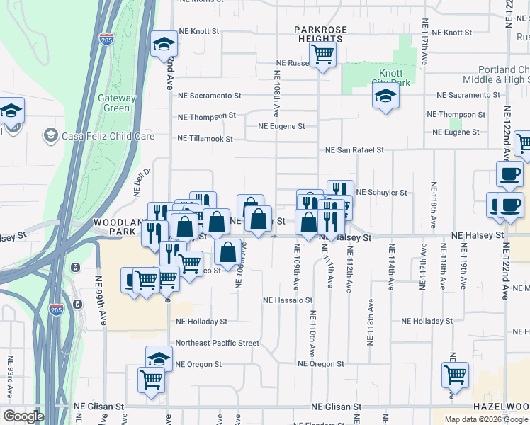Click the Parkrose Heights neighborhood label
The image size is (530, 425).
(x=320, y=34)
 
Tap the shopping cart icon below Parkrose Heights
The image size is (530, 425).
(x=322, y=54)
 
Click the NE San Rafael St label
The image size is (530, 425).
(x=354, y=150)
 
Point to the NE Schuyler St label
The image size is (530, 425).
(x=381, y=192)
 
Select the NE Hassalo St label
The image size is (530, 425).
(x=288, y=300)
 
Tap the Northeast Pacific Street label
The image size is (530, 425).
(x=217, y=343)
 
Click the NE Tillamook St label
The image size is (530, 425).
(x=205, y=139)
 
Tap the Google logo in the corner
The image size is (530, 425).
(x=23, y=416)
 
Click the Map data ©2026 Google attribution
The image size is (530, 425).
(x=486, y=419)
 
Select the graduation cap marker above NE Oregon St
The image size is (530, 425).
(x=159, y=358)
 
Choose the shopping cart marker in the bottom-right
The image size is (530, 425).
(x=454, y=375)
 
